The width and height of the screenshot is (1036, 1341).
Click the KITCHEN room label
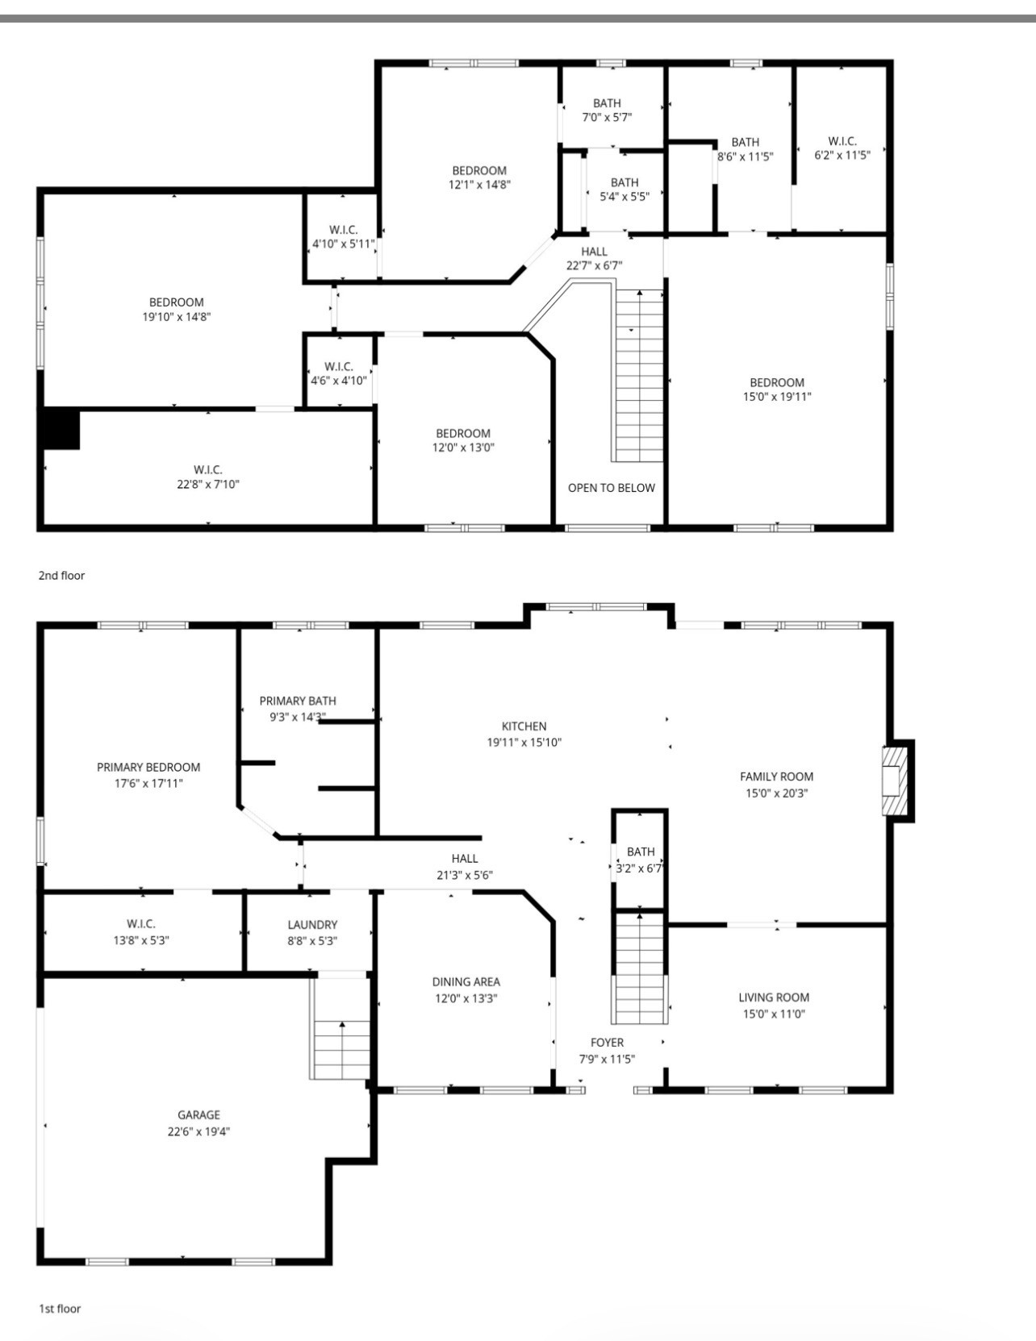coord(524,727)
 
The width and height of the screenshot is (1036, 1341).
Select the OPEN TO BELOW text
coord(611,488)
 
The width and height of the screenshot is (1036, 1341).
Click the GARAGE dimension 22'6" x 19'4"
coord(198,1131)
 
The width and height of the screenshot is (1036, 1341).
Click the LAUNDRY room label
coord(312,925)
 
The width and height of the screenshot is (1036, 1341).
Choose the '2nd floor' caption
coord(61,576)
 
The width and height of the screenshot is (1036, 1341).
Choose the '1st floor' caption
coord(60,1309)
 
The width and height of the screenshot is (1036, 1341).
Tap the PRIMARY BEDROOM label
coord(148,768)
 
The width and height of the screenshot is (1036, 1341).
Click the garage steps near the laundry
coord(341,1048)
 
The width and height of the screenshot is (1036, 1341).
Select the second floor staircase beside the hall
coord(640,375)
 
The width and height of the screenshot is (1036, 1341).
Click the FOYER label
coord(607,1043)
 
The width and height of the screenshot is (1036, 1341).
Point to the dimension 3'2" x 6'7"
coord(639,868)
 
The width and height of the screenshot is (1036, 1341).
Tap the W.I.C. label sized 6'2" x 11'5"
coord(842,141)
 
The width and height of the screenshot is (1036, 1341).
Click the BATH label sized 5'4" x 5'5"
coord(625,182)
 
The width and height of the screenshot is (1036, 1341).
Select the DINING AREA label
coord(466,982)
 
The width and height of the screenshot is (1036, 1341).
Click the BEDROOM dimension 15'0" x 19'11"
coord(776,397)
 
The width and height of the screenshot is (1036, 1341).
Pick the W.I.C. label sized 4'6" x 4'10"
coord(339,366)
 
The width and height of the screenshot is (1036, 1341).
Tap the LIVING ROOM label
coord(774,997)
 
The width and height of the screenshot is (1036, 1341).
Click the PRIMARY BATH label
coord(298,702)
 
